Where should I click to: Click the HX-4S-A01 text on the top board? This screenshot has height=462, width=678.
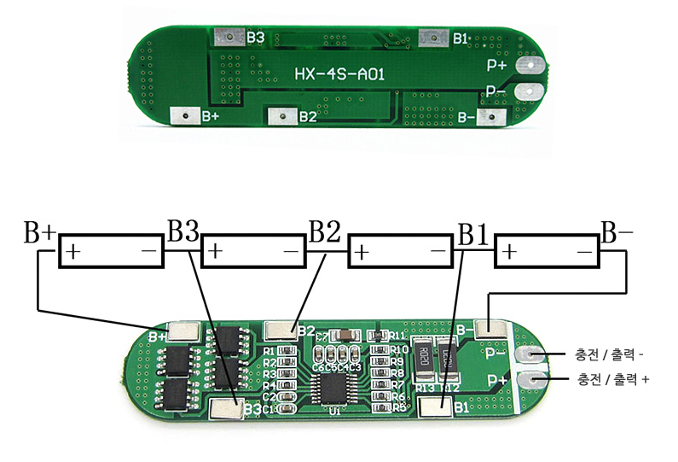[x=340, y=75]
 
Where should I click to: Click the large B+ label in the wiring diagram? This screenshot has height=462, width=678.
[x=40, y=231]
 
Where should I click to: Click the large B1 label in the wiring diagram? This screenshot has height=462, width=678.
[x=473, y=231]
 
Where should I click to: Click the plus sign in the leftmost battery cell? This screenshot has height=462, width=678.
[x=74, y=254]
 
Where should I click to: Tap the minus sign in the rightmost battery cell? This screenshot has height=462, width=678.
[x=585, y=254]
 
